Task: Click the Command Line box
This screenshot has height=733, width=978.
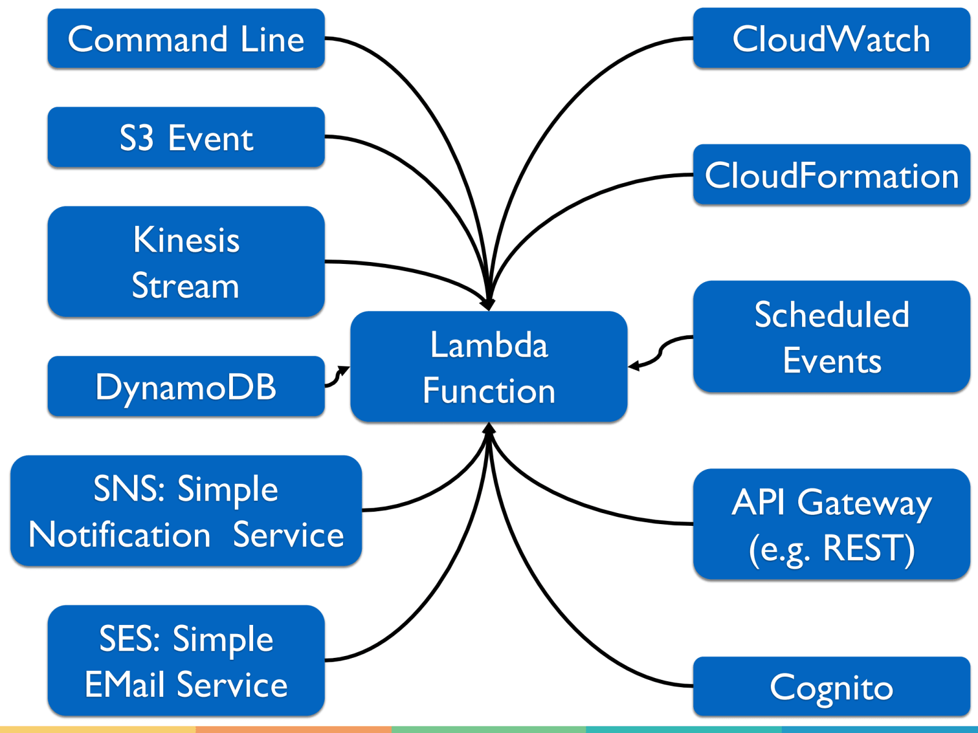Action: click(186, 38)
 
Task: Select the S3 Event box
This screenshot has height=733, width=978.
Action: click(186, 137)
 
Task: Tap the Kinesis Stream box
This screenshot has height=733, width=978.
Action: click(186, 261)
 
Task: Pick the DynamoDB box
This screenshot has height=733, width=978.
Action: click(186, 387)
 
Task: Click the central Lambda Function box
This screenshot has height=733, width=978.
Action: click(489, 366)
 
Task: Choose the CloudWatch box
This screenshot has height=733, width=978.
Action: click(831, 38)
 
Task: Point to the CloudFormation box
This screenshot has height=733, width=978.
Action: click(831, 175)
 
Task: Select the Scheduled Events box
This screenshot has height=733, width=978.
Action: click(831, 337)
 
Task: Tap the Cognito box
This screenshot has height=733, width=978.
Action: click(831, 687)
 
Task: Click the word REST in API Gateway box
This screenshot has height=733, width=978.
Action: click(868, 548)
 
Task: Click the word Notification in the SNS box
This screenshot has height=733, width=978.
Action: click(120, 535)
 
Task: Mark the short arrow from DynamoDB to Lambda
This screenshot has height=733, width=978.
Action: click(336, 377)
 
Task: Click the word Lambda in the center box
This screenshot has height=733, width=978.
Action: click(489, 345)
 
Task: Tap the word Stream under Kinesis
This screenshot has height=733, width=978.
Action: click(186, 286)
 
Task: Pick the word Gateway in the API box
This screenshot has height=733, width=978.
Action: click(864, 503)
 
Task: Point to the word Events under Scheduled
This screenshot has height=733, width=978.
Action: click(832, 360)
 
